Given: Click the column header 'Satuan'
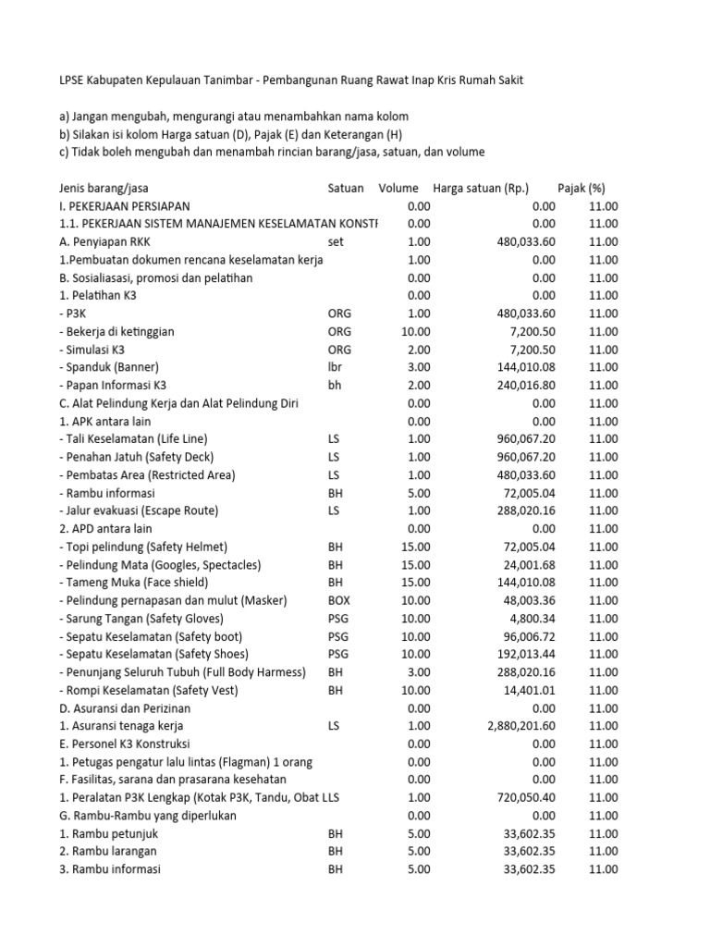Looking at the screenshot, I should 346,188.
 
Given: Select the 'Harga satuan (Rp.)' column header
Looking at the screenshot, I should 480,188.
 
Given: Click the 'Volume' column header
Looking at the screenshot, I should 398,188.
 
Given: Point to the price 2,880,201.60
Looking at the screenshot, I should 520,727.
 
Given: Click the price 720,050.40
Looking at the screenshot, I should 526,797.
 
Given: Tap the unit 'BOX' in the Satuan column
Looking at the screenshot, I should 340,600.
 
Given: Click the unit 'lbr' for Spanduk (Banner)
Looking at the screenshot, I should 336,367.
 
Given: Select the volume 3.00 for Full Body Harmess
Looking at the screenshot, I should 415,672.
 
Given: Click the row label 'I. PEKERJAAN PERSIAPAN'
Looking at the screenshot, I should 123,206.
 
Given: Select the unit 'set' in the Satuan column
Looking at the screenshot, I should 336,242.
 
